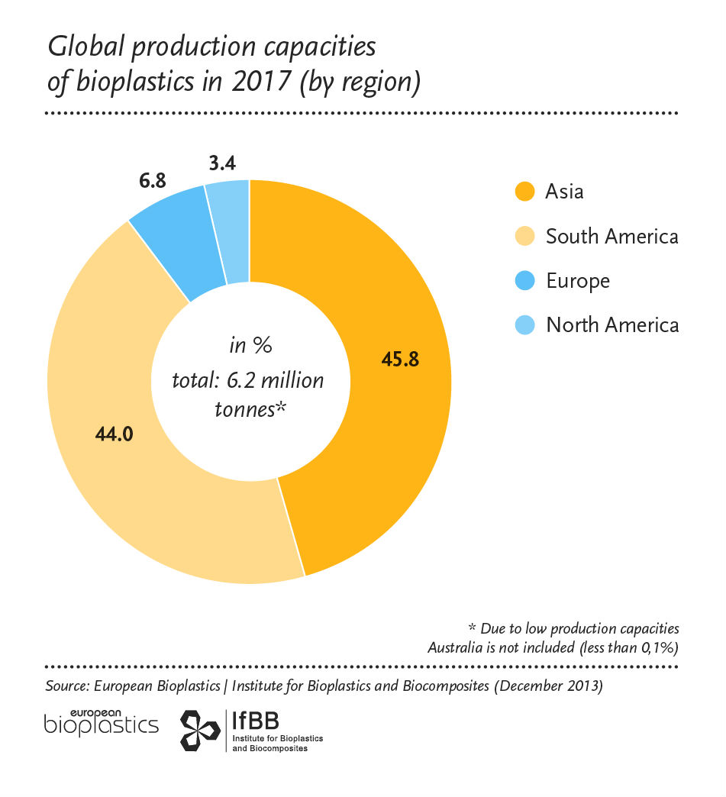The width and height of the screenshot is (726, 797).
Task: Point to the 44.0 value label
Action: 115,434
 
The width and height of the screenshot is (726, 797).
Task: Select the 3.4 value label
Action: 222,163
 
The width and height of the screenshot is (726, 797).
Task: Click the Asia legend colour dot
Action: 524,191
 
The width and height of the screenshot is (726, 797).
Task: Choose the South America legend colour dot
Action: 524,236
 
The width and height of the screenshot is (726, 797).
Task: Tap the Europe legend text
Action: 578,280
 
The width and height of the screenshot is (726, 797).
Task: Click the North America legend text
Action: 612,325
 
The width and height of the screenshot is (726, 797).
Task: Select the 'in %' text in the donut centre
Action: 251,346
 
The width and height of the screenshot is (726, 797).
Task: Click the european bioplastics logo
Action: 102,721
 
